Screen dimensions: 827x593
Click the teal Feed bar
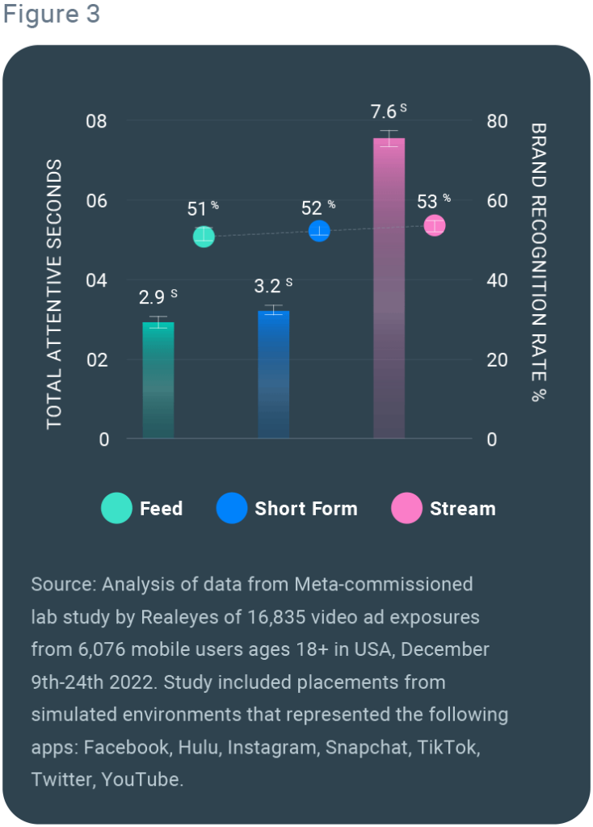158,380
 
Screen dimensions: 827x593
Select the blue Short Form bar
273,375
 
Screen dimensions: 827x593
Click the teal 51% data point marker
204,237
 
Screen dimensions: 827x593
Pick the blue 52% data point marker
319,231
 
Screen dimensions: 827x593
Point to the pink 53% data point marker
435,225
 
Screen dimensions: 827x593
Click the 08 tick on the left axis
97,121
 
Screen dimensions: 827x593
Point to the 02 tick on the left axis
97,359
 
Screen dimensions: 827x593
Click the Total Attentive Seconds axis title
54,294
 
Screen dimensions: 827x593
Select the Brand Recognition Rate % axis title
539,262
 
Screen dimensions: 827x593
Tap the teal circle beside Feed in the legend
116,508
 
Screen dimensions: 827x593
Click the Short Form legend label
306,509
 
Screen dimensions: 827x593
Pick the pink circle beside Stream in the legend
406,508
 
